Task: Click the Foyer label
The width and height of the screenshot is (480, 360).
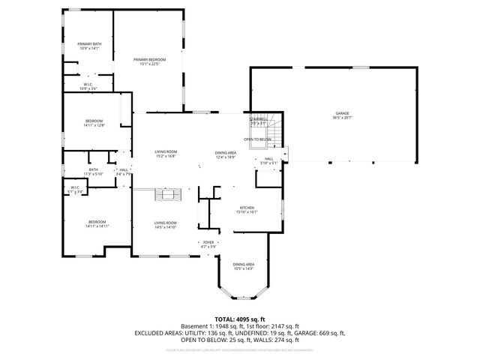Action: click(208, 244)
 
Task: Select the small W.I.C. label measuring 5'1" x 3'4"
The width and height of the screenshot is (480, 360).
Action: click(75, 189)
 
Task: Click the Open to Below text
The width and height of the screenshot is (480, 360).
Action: click(257, 139)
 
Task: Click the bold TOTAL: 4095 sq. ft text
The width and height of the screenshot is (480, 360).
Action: click(239, 319)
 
